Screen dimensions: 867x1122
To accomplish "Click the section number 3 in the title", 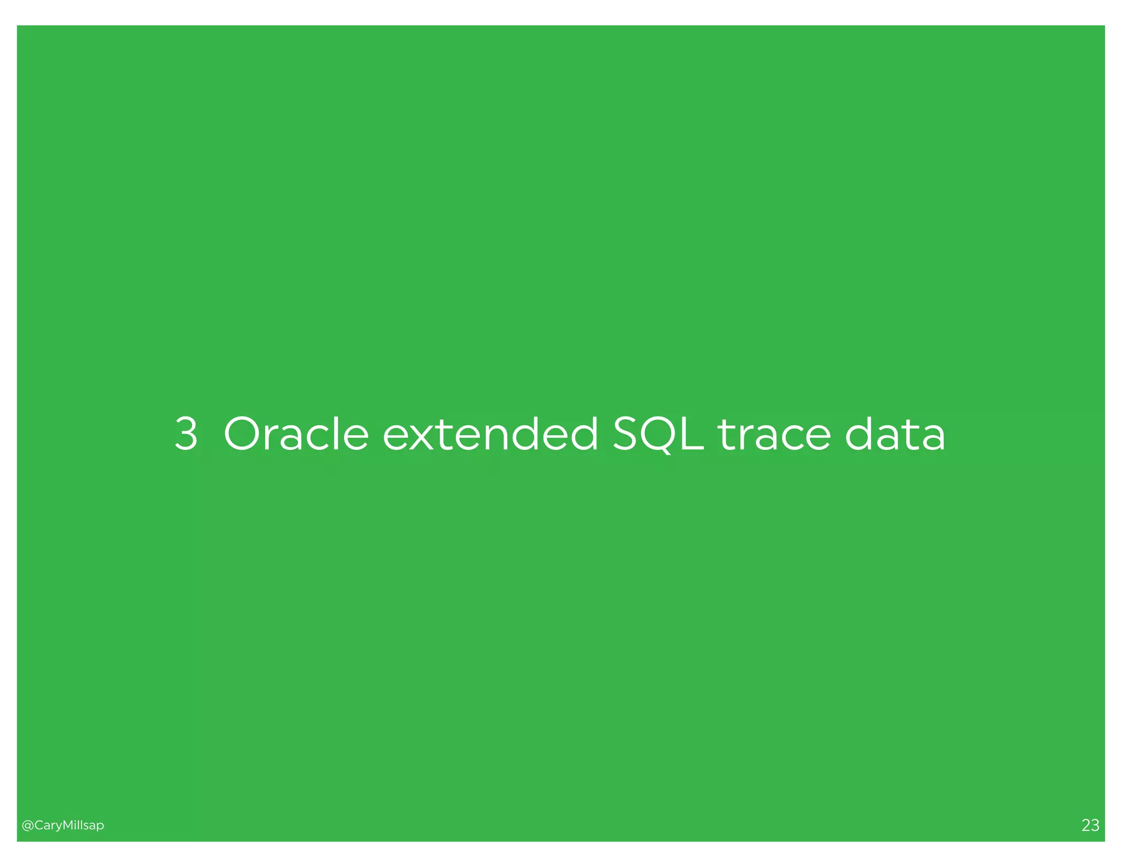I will tap(186, 433).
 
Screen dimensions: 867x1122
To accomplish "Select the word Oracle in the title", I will tap(296, 433).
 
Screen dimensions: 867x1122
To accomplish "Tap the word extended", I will tap(490, 433).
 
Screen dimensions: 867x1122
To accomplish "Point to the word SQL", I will tap(658, 435).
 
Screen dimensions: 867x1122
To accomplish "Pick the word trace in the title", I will tap(775, 435).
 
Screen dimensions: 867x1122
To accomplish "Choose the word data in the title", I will tap(895, 435).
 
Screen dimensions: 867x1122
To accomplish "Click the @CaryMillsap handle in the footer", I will tap(62, 825).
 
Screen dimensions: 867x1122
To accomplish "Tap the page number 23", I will tap(1090, 825).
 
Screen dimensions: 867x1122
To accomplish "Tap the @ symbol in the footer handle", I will tap(27, 825).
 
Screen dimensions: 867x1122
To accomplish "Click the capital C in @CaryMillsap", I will tap(38, 825).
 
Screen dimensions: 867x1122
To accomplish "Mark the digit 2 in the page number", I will tap(1086, 825).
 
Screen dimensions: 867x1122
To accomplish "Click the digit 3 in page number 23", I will tap(1095, 825).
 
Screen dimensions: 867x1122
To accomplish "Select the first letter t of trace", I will tap(726, 435).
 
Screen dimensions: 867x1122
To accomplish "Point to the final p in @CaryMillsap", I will tap(100, 826).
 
